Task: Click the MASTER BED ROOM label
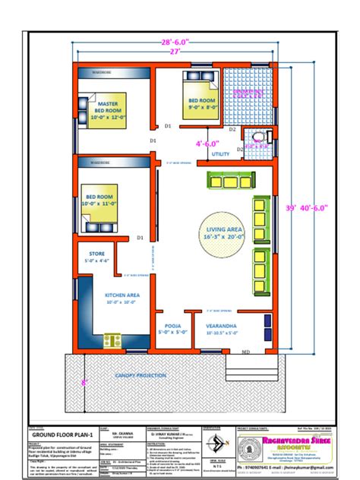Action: [105, 106]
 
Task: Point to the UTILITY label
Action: [221, 154]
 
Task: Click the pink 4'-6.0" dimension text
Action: [207, 142]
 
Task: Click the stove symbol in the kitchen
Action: [113, 339]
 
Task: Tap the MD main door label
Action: [245, 352]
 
